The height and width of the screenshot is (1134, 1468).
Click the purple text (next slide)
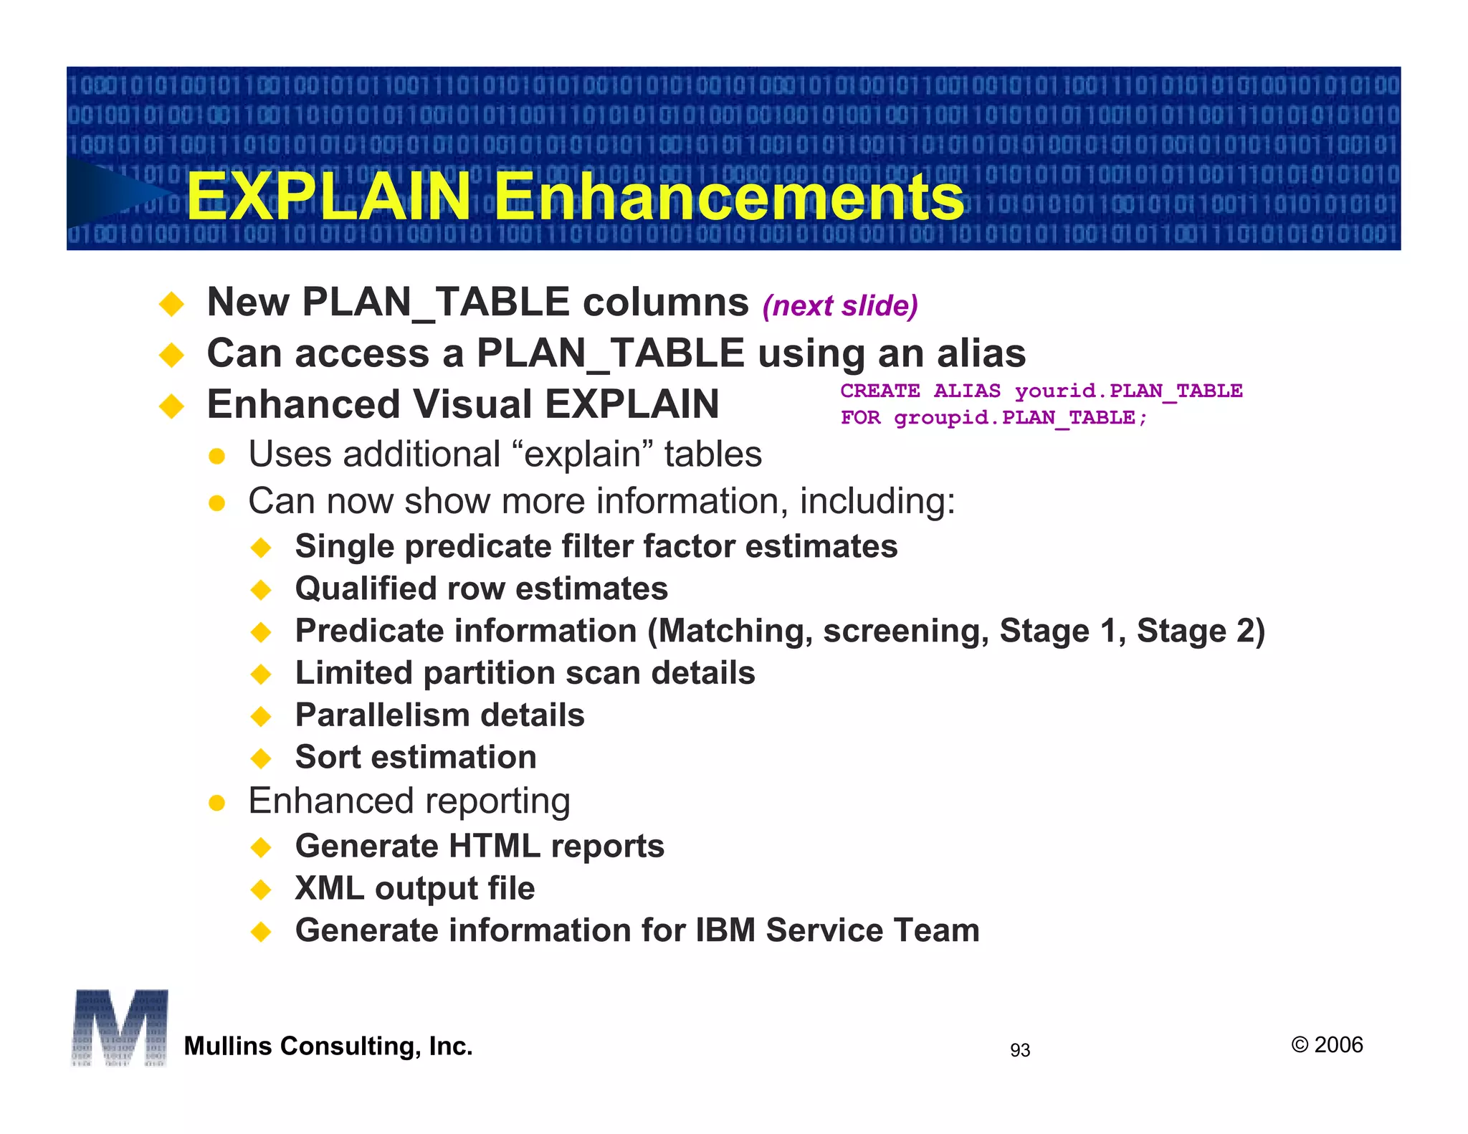tap(840, 306)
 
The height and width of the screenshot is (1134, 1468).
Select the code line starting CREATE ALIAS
tap(1041, 391)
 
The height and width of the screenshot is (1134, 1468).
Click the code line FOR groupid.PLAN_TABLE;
tap(993, 418)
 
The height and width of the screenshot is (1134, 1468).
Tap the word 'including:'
tap(877, 501)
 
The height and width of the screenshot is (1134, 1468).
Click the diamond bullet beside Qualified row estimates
tap(262, 590)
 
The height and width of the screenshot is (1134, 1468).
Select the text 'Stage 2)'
tap(1201, 632)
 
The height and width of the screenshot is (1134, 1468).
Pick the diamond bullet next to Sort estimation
tap(262, 758)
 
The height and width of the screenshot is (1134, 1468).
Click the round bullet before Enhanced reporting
tap(217, 803)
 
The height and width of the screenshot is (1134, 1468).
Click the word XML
tap(330, 889)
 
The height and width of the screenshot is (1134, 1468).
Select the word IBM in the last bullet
tap(725, 931)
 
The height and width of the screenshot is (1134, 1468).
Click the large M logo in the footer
tap(120, 1027)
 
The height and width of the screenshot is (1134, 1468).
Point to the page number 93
tap(1019, 1050)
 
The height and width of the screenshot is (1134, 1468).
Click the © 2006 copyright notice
tap(1327, 1045)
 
